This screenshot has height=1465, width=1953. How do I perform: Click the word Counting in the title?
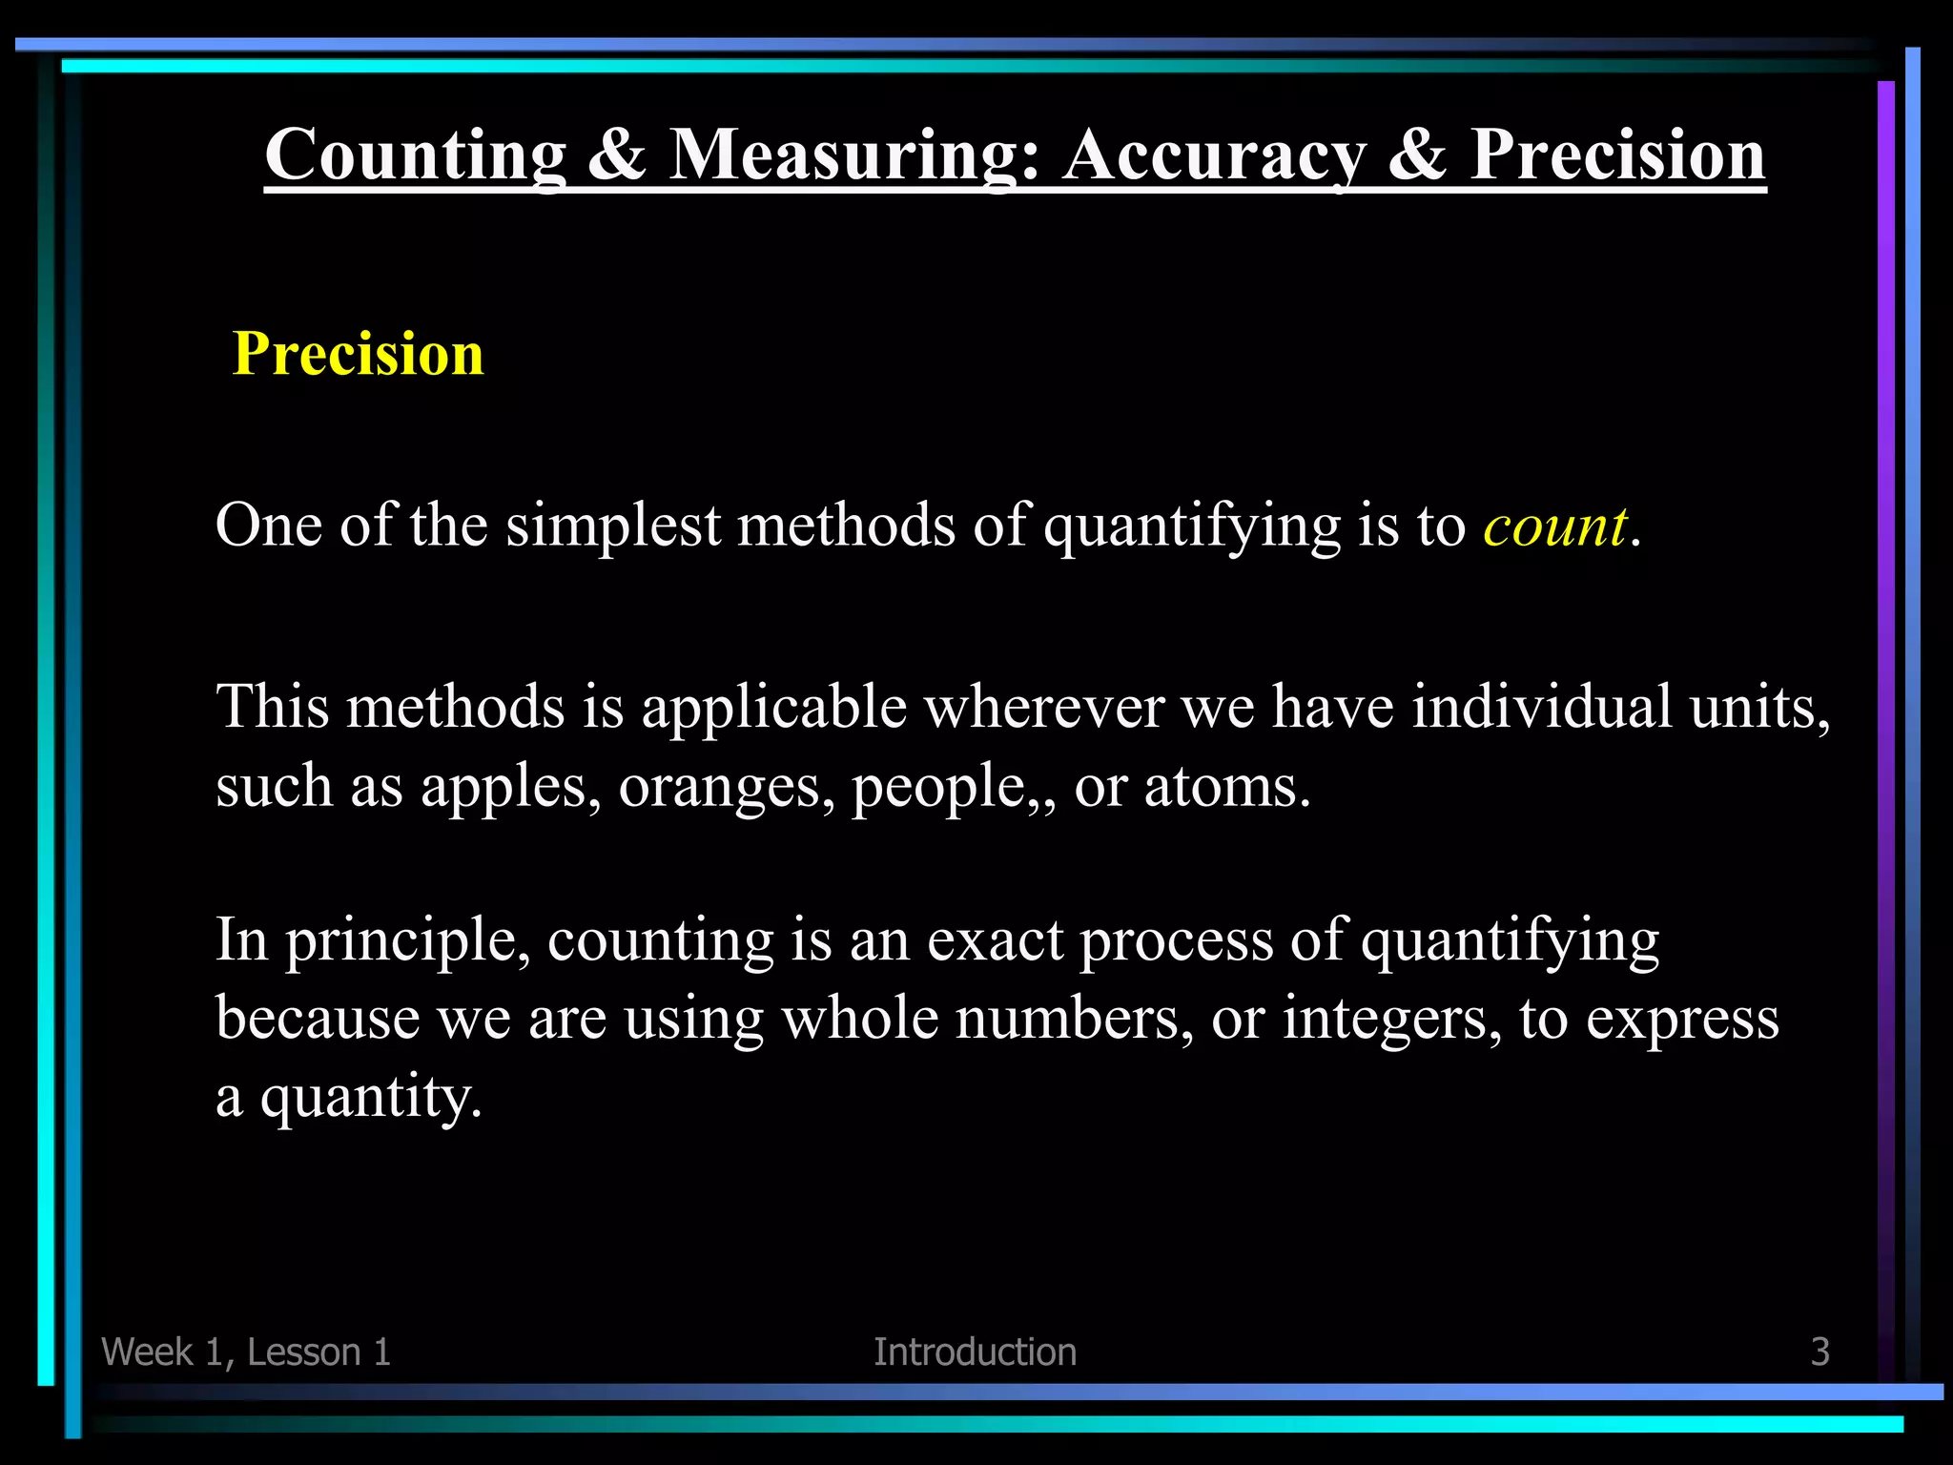pyautogui.click(x=415, y=155)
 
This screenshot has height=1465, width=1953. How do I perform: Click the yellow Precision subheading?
pyautogui.click(x=359, y=354)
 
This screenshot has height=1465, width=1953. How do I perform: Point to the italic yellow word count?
pyautogui.click(x=1554, y=526)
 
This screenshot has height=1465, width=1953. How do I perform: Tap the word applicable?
pyautogui.click(x=773, y=709)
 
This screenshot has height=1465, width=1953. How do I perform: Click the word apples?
pyautogui.click(x=510, y=788)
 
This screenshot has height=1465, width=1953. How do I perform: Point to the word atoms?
pyautogui.click(x=1226, y=788)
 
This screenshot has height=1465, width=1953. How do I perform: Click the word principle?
pyautogui.click(x=408, y=942)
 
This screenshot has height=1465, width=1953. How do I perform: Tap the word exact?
pyautogui.click(x=995, y=940)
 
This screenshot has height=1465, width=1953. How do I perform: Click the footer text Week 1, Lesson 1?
pyautogui.click(x=246, y=1352)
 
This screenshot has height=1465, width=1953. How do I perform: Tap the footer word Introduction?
pyautogui.click(x=975, y=1352)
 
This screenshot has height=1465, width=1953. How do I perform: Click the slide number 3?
pyautogui.click(x=1819, y=1352)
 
